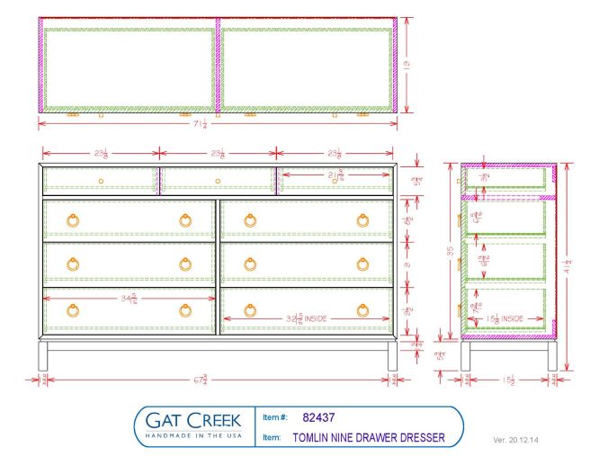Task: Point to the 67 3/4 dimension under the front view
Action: click(217, 379)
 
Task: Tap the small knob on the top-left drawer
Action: click(101, 182)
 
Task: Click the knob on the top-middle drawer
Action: click(219, 182)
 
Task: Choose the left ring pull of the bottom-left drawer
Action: click(73, 310)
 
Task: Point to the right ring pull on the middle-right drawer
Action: click(362, 264)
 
